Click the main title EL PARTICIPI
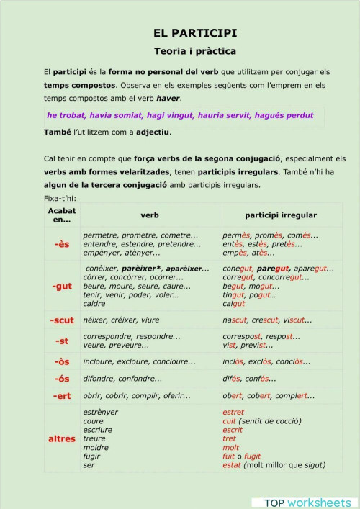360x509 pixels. [x=195, y=33]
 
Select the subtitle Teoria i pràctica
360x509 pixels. [x=195, y=51]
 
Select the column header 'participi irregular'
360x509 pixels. [x=280, y=215]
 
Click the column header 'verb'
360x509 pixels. [x=150, y=215]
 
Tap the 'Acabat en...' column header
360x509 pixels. [x=62, y=215]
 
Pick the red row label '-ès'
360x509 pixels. [x=62, y=244]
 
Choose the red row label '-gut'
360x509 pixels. [x=62, y=286]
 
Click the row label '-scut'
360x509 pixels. [x=62, y=320]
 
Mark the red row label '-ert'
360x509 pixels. [x=62, y=395]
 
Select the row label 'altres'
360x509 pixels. [x=62, y=438]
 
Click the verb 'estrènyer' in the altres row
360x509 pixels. [x=101, y=413]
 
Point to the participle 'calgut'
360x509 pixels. [x=234, y=303]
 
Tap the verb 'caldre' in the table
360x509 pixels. [x=94, y=303]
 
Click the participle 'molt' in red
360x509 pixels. [x=230, y=447]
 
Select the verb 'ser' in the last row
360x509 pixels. [x=89, y=465]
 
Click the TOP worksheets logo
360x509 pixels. [x=306, y=502]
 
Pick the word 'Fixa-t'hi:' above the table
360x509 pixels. [x=60, y=198]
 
